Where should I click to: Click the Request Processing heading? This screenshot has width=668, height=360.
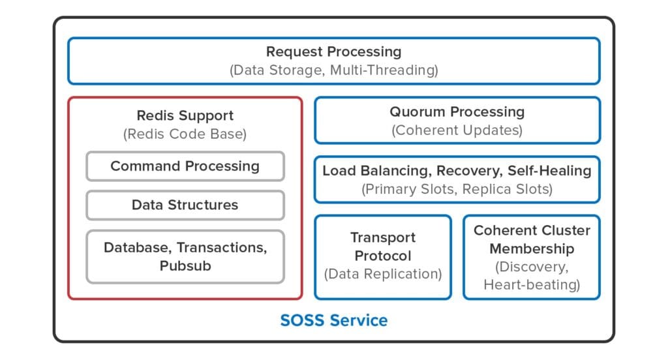333,52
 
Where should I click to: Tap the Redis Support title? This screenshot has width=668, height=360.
185,115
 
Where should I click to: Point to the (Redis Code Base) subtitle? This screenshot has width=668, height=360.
185,134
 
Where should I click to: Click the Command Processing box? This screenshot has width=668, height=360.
185,166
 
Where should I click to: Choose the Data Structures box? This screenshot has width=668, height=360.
185,205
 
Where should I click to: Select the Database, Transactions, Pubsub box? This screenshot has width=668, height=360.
185,256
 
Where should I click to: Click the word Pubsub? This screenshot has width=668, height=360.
185,266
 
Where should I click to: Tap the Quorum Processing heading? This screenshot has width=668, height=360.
457,112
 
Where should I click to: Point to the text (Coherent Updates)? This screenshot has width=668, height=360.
457,130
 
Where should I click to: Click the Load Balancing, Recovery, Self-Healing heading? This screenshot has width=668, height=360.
457,171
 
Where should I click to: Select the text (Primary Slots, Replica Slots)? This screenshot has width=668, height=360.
457,190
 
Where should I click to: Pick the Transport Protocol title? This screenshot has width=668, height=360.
382,247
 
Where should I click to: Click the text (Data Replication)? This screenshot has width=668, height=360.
382,274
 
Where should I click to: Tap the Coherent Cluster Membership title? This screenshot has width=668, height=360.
531,239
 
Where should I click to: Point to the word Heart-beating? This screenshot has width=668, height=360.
531,285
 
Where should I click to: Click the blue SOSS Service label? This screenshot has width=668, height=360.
333,321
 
